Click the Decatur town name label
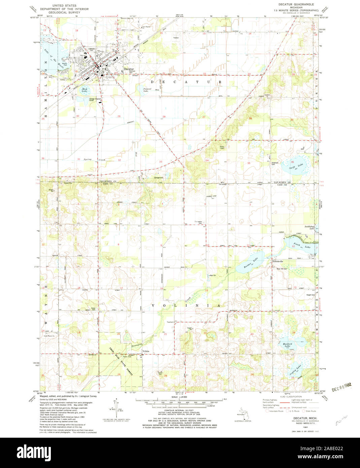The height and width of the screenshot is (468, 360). [x=129, y=69]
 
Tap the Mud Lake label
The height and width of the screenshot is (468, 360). [x=85, y=90]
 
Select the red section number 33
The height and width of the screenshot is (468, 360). [x=161, y=162]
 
